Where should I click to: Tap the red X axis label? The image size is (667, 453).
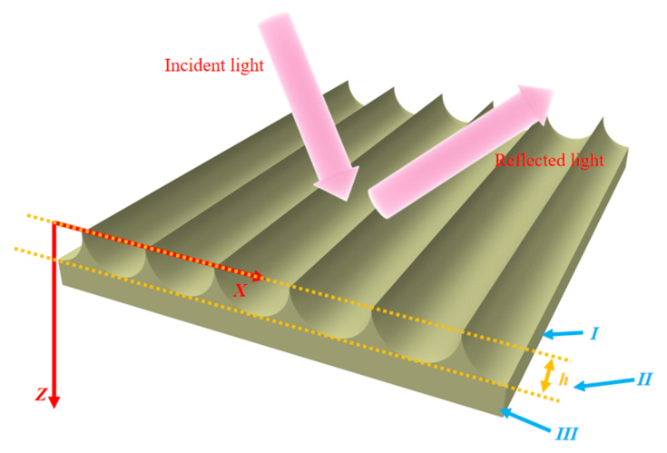pos(240,291)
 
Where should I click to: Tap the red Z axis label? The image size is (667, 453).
pos(41,395)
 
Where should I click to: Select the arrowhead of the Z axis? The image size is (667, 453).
pos(54,401)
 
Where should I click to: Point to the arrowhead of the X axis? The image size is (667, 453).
pos(258,276)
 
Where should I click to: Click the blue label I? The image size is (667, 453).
pos(594,334)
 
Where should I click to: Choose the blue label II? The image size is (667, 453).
pos(643,379)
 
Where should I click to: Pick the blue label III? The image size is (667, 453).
pos(566,434)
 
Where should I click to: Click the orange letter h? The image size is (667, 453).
pos(564,379)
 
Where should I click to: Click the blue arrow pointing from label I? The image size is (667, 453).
pos(564,334)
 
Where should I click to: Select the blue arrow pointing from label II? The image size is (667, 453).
pos(603,384)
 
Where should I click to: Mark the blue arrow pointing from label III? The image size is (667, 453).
pos(525,420)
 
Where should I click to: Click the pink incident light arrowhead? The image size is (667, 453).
pos(339,182)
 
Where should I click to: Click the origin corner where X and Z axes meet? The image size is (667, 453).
pos(54,223)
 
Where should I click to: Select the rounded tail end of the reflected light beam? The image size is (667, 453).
pos(378,203)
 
